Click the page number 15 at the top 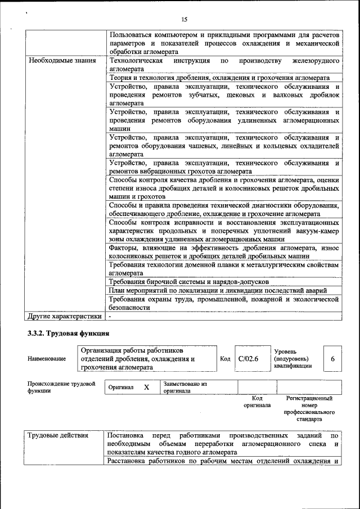point(184,19)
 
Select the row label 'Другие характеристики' point(65,317)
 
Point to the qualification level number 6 point(332,358)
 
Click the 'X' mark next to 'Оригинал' point(146,388)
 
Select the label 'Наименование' point(47,359)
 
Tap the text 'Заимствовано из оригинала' point(186,388)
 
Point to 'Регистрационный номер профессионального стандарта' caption point(309,409)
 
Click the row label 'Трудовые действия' point(58,435)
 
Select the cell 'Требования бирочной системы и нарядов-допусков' point(189,281)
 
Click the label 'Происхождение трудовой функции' point(61,388)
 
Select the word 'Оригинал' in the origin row point(120,388)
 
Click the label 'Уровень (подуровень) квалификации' point(291,358)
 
